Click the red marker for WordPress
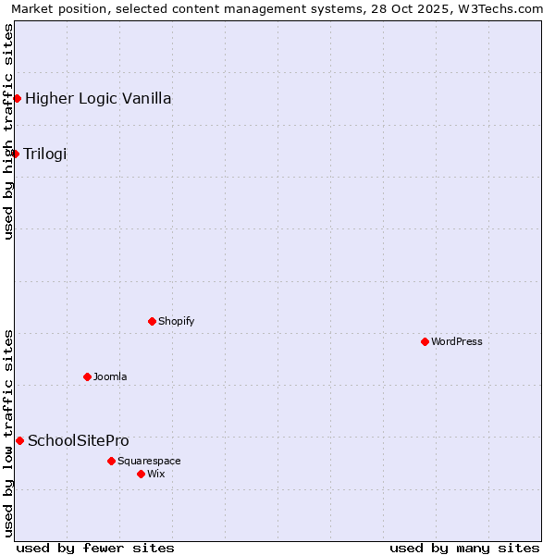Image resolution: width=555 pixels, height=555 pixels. click(425, 341)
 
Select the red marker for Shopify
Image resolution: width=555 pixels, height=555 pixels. click(152, 321)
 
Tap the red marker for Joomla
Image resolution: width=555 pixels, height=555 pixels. click(87, 376)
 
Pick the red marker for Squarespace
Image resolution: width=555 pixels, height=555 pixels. click(111, 461)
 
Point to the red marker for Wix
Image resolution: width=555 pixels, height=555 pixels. click(141, 474)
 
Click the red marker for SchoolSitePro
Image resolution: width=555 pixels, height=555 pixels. click(19, 440)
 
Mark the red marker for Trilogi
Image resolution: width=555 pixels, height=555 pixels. click(15, 154)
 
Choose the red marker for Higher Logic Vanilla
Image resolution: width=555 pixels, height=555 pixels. click(17, 98)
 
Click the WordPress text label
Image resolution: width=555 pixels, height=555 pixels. click(457, 341)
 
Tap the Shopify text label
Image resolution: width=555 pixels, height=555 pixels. click(176, 321)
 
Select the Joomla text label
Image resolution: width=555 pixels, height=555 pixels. click(110, 376)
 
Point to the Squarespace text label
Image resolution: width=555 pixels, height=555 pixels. click(149, 461)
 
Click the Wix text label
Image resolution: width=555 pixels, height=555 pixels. click(155, 474)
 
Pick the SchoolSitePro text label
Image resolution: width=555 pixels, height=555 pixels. click(79, 440)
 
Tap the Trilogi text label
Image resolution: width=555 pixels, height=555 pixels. click(45, 154)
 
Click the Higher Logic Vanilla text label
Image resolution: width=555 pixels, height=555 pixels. click(98, 98)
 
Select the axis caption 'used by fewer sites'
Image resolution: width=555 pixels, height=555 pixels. click(95, 548)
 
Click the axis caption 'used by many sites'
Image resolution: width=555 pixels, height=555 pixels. click(464, 548)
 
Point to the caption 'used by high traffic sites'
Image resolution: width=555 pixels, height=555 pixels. click(8, 131)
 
